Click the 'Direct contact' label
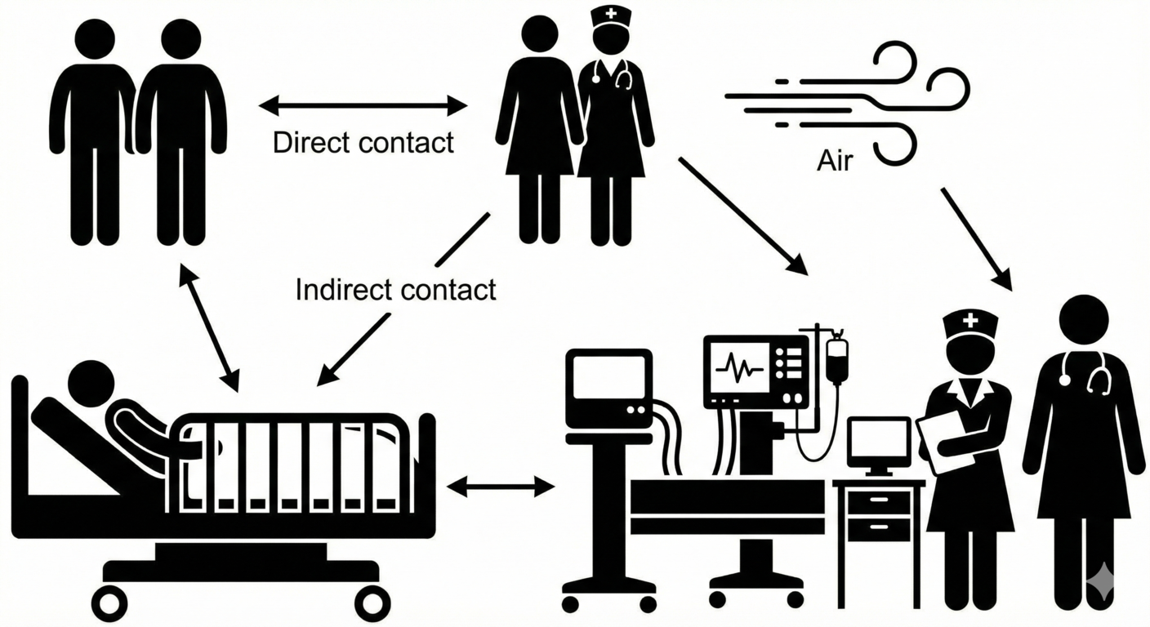click(363, 143)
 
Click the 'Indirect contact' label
click(395, 289)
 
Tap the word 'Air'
click(834, 162)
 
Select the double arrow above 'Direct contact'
click(363, 104)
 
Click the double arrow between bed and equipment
click(501, 487)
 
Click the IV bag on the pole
click(837, 359)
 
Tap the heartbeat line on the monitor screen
click(739, 367)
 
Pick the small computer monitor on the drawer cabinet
click(878, 445)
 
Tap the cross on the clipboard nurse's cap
click(970, 321)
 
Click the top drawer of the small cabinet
click(878, 499)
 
